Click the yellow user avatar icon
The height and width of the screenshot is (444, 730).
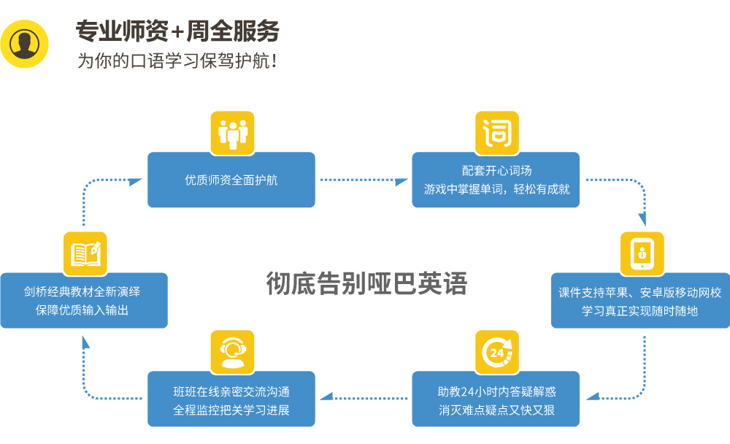coord(25,44)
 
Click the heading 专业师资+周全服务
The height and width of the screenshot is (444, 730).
coord(177,31)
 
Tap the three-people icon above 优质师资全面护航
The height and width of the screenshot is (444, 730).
coord(232,133)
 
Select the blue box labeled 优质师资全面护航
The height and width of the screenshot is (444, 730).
coord(231,180)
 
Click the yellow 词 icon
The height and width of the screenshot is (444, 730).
coord(497,133)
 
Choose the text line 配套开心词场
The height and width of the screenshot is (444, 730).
coord(496,170)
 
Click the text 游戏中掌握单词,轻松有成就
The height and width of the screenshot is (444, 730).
coord(496,189)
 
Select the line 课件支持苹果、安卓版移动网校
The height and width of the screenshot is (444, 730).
coord(640,292)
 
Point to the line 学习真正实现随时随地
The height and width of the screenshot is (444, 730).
coord(640,310)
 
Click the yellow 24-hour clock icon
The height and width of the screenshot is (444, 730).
coord(497,352)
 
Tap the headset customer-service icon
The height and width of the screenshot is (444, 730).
coord(232,352)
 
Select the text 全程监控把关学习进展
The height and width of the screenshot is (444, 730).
coord(231,410)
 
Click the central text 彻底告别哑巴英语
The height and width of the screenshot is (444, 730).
coord(366,283)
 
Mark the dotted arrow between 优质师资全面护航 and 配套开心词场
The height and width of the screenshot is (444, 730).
coord(364,180)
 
